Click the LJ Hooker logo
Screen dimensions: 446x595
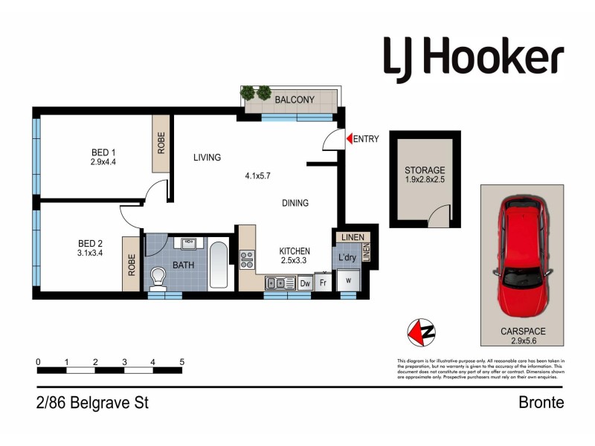click(x=473, y=57)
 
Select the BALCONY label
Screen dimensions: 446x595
click(x=295, y=100)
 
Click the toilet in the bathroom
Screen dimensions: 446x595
click(x=158, y=279)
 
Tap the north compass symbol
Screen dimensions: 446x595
click(x=422, y=332)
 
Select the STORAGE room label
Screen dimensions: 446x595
click(x=425, y=170)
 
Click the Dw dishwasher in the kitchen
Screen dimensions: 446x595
click(x=304, y=282)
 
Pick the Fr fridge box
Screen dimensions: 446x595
click(x=323, y=282)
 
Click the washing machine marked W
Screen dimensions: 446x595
click(x=348, y=280)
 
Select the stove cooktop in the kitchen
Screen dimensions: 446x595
click(x=247, y=260)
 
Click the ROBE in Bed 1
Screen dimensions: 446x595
click(x=161, y=143)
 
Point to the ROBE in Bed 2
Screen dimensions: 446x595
click(x=132, y=264)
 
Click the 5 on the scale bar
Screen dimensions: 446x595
click(x=181, y=362)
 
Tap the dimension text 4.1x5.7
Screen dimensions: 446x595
click(x=258, y=176)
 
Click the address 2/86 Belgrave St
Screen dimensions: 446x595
click(x=92, y=404)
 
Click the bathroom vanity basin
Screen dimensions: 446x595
click(x=188, y=243)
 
